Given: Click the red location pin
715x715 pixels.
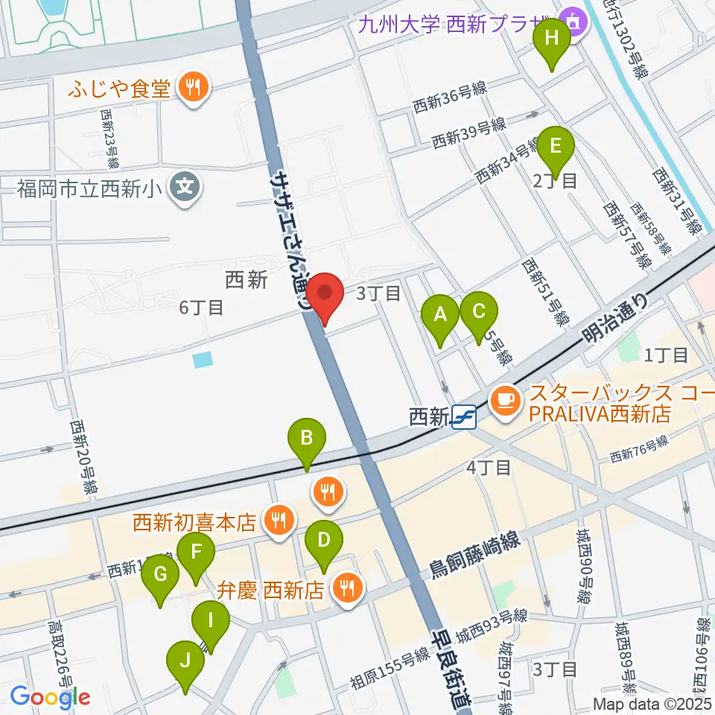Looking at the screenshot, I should (325, 293).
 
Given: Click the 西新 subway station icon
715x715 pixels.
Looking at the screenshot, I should (463, 417).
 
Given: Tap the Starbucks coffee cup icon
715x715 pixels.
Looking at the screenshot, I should (505, 401).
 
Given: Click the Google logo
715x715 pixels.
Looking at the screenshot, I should (50, 696).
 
